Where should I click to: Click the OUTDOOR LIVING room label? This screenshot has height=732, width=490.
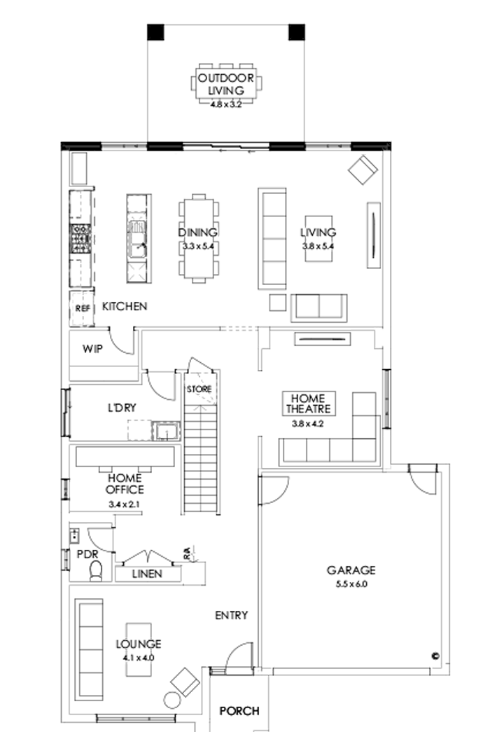point(226,83)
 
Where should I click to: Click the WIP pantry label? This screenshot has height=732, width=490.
point(92,348)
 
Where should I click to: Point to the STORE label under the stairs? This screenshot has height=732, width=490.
point(199,389)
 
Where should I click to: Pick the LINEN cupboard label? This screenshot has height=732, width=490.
point(147,574)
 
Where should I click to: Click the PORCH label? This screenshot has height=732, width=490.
point(239,711)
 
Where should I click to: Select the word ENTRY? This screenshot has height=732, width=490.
point(231,616)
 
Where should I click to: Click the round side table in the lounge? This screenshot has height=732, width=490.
point(171,700)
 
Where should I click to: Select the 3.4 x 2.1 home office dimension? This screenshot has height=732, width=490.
point(125,504)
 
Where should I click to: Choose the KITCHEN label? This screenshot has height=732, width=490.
point(125,306)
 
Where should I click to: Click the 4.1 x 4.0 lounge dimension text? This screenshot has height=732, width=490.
point(139,658)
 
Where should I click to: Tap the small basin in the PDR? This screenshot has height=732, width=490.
point(74,537)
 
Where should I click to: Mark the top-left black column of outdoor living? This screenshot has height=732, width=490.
point(155,32)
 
